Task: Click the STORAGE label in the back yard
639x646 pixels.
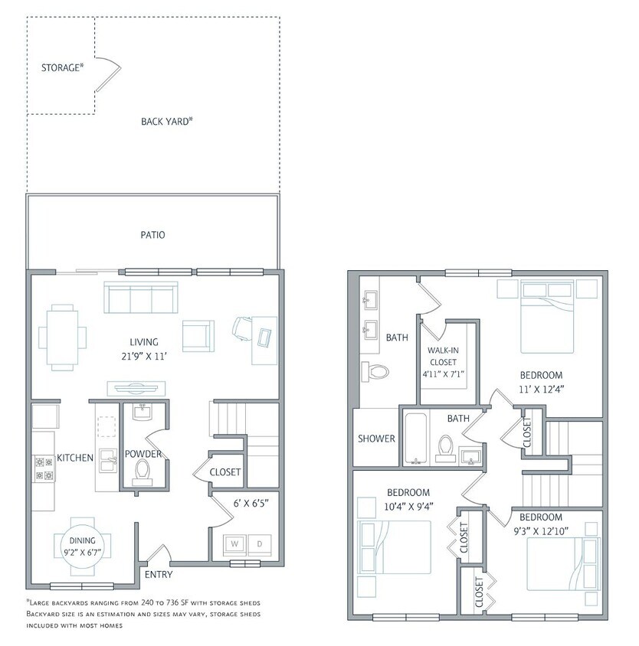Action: [x=61, y=67]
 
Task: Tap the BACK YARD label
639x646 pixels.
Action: [x=166, y=121]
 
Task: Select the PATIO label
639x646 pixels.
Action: [x=152, y=235]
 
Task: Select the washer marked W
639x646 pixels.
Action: [x=235, y=544]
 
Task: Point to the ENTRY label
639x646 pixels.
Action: [x=159, y=575]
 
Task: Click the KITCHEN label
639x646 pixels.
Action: [x=75, y=458]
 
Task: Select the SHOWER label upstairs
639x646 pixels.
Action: [x=376, y=439]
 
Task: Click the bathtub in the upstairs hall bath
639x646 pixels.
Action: [x=416, y=439]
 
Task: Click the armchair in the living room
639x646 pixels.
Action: [x=197, y=334]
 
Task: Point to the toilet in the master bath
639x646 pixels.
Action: [x=376, y=372]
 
